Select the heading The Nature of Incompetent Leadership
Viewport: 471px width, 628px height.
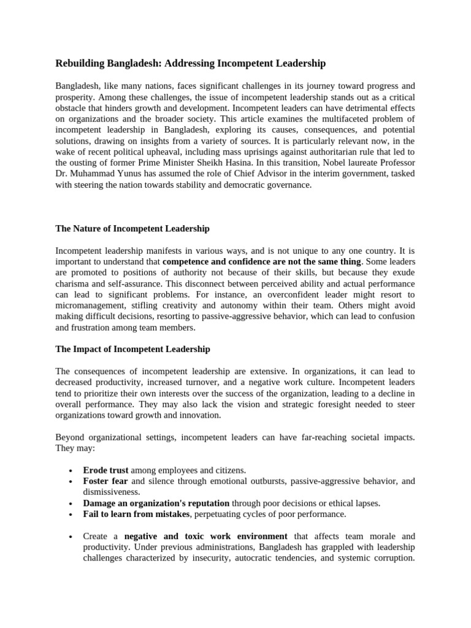coord(132,229)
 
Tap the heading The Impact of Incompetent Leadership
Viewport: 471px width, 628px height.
coord(132,349)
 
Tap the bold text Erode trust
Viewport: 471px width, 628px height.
coord(105,470)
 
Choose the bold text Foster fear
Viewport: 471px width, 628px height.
coord(105,481)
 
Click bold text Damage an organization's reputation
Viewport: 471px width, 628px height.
coord(156,503)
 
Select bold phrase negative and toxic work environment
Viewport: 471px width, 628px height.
coord(210,536)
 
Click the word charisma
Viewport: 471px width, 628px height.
coord(73,284)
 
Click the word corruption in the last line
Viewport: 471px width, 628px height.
coord(393,558)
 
